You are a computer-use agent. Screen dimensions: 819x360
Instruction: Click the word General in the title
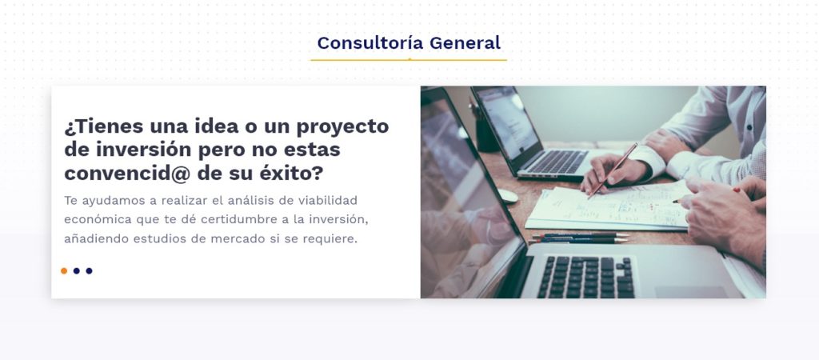[x=465, y=43]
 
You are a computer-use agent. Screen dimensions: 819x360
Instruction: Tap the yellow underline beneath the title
[x=409, y=60]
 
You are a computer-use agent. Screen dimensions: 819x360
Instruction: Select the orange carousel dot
[x=64, y=270]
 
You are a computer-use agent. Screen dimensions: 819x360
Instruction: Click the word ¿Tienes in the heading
[x=103, y=126]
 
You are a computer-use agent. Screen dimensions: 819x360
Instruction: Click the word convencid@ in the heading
[x=127, y=174]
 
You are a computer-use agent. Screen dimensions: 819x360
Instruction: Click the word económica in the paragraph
[x=98, y=219]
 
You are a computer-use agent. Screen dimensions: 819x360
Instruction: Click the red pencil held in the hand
[x=613, y=171]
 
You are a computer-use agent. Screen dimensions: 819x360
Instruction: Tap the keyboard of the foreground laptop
[x=586, y=277]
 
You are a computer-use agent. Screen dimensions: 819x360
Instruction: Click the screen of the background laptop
[x=506, y=122]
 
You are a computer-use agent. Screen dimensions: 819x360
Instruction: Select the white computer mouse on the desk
[x=507, y=196]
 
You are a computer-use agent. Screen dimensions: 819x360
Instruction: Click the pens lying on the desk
[x=579, y=238]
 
